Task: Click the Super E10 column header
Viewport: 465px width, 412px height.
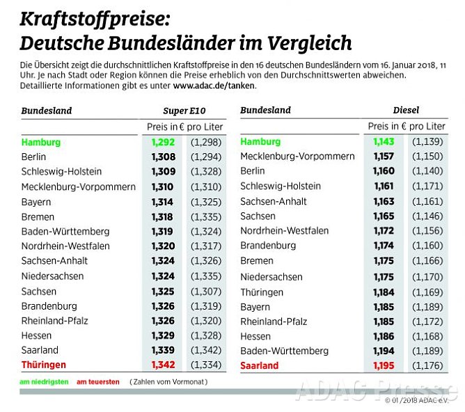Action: (x=184, y=111)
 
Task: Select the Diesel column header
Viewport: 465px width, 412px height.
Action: (x=406, y=111)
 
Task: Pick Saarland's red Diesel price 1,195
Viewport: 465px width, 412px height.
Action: (x=384, y=365)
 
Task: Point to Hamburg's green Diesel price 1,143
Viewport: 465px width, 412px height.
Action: (x=384, y=142)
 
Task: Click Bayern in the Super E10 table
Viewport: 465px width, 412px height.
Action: (x=36, y=202)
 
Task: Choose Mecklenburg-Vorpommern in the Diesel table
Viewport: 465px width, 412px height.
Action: (x=297, y=157)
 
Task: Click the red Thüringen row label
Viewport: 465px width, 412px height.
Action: (x=43, y=365)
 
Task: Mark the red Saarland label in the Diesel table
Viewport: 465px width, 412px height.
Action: (x=259, y=365)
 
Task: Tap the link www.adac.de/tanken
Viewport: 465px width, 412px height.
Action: (x=214, y=86)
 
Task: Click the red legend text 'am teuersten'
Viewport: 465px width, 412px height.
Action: (x=97, y=382)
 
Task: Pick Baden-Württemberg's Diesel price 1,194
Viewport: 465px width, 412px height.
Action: (x=384, y=351)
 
